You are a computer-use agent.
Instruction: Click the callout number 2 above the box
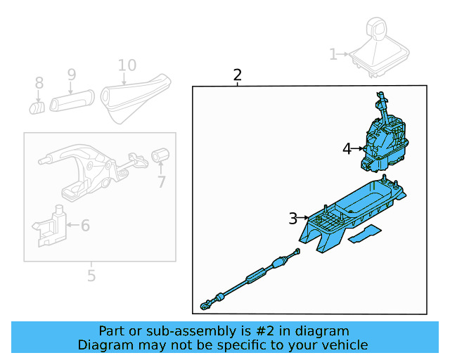(x=238, y=75)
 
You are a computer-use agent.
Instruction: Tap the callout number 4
(x=347, y=148)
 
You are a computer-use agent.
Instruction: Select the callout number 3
(x=293, y=219)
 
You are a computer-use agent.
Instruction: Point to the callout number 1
(x=333, y=53)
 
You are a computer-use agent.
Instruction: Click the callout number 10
(x=127, y=66)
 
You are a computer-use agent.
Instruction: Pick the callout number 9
(x=71, y=74)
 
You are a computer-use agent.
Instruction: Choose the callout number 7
(x=161, y=182)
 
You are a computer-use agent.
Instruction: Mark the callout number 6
(x=85, y=226)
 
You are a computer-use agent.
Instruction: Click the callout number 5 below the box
(x=91, y=276)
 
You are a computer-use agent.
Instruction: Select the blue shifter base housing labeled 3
(x=352, y=214)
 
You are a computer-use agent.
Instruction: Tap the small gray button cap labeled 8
(x=37, y=107)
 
